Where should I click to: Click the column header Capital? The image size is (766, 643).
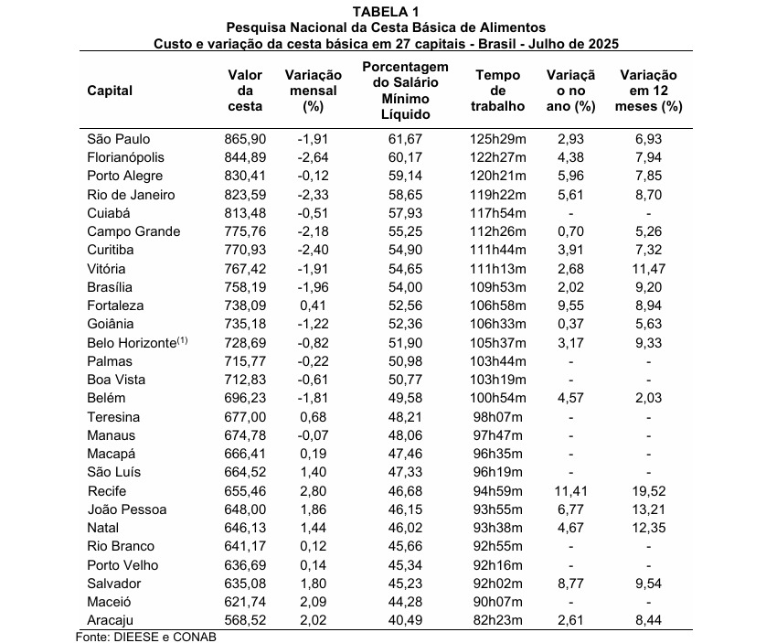[x=110, y=90]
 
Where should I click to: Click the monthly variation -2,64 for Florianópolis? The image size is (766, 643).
[x=314, y=157]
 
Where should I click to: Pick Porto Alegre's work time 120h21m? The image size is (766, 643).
[x=498, y=176]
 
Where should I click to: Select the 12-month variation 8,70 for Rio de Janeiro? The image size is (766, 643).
[x=651, y=195]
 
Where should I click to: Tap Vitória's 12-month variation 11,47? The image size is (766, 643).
[x=651, y=269]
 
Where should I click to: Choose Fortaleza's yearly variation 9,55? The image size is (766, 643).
[x=570, y=305]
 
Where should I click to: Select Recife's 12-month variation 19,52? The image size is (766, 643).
[x=651, y=490]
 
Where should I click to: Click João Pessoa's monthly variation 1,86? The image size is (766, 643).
[x=315, y=509]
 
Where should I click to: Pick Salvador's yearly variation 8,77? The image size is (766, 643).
[x=570, y=583]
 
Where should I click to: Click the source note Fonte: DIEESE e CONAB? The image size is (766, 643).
[x=146, y=636]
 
